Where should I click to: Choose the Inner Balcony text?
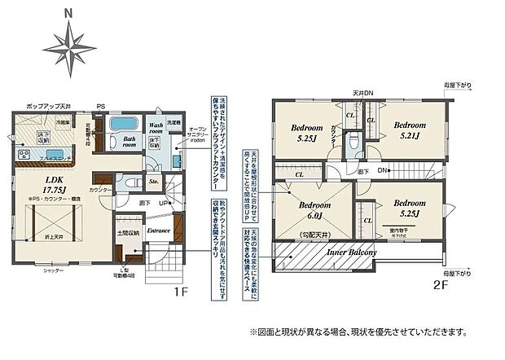coord(352,252)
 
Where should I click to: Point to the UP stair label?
coord(164,203)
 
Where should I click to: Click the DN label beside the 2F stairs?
coord(391,170)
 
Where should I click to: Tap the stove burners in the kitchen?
coord(22,156)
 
